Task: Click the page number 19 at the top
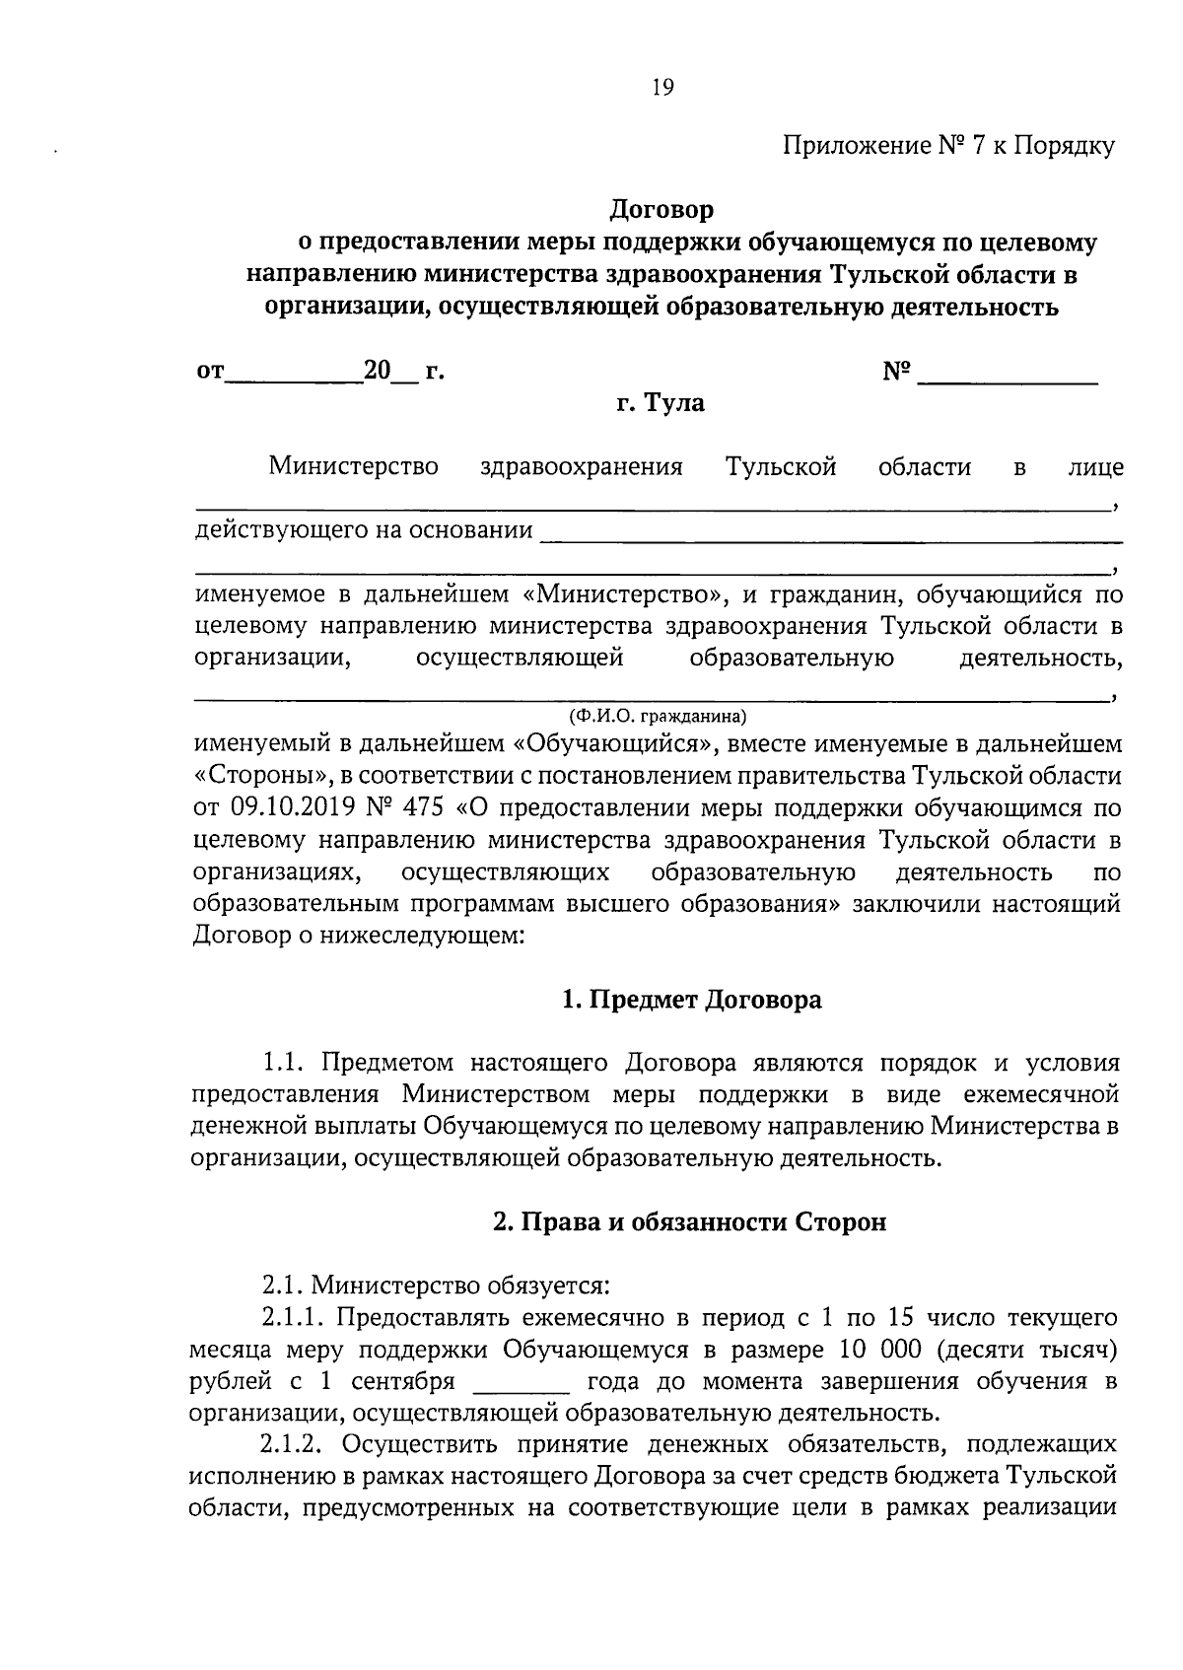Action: (661, 89)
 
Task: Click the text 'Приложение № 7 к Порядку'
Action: (948, 147)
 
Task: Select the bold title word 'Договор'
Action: (661, 210)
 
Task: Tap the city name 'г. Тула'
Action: (661, 403)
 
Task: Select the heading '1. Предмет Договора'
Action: (691, 1001)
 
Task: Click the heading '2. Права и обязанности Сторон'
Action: (689, 1222)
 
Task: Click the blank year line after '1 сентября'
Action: (522, 1382)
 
